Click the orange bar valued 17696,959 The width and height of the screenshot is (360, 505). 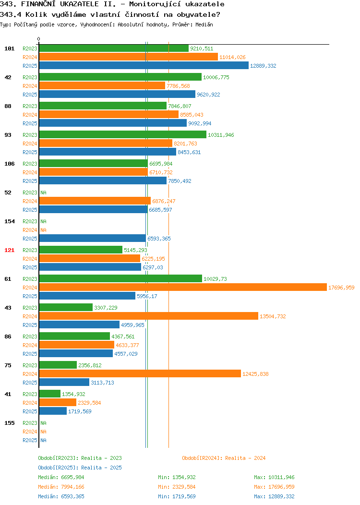[x=183, y=287]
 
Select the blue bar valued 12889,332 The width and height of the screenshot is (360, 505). [x=144, y=65]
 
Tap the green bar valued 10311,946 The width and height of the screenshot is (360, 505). [x=123, y=134]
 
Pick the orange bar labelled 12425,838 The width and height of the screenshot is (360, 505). [x=140, y=373]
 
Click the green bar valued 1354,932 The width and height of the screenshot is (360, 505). [x=49, y=394]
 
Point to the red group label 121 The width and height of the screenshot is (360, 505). [x=9, y=250]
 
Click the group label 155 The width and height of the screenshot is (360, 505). [x=9, y=423]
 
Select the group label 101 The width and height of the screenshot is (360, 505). [x=9, y=48]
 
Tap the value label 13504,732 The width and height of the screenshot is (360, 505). [x=273, y=316]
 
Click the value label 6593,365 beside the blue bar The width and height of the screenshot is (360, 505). [x=159, y=239]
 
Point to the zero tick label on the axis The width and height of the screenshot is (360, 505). [x=39, y=39]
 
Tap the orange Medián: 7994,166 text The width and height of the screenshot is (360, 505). [x=61, y=487]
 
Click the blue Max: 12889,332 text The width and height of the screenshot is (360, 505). [x=274, y=497]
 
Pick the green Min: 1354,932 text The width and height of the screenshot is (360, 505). [x=177, y=477]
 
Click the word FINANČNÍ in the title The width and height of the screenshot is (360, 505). [x=38, y=4]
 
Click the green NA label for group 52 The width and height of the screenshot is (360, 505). [x=44, y=192]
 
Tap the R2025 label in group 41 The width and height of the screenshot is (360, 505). [x=30, y=411]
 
